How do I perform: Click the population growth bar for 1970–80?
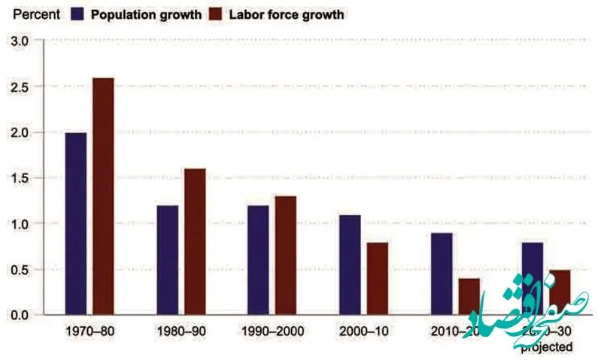[x=76, y=223]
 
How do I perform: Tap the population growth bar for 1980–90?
[x=168, y=259]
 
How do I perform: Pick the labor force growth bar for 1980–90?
[x=194, y=241]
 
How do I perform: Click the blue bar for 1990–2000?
[x=259, y=259]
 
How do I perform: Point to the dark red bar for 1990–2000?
[x=286, y=255]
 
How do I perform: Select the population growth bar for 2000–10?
[x=350, y=264]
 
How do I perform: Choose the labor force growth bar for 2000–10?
[x=377, y=277]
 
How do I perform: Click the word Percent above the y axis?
[x=35, y=14]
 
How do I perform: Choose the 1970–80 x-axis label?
[x=90, y=331]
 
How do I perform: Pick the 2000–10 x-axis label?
[x=363, y=331]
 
